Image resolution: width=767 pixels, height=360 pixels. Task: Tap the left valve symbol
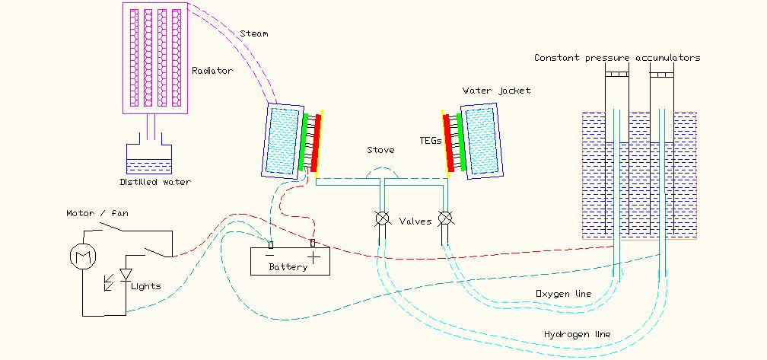pyautogui.click(x=382, y=219)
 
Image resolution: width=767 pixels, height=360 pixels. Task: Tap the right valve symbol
pyautogui.click(x=446, y=219)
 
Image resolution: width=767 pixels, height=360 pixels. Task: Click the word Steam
pyautogui.click(x=253, y=33)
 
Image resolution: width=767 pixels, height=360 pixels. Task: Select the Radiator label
pyautogui.click(x=212, y=71)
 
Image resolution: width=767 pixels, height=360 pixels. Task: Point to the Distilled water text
pyautogui.click(x=154, y=182)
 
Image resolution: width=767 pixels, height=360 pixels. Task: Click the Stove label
pyautogui.click(x=380, y=150)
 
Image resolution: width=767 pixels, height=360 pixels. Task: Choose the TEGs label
pyautogui.click(x=429, y=140)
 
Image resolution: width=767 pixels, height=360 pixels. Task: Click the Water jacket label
pyautogui.click(x=496, y=91)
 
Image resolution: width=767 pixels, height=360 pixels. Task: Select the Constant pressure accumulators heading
pyautogui.click(x=617, y=58)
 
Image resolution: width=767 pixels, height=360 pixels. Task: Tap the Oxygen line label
pyautogui.click(x=563, y=294)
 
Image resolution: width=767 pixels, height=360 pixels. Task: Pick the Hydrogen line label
pyautogui.click(x=577, y=334)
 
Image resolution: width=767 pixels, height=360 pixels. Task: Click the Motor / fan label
pyautogui.click(x=97, y=214)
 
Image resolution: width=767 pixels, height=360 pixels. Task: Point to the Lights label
pyautogui.click(x=146, y=286)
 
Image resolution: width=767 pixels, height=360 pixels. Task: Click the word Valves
pyautogui.click(x=415, y=221)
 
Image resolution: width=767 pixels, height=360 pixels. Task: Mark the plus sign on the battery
pyautogui.click(x=314, y=257)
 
